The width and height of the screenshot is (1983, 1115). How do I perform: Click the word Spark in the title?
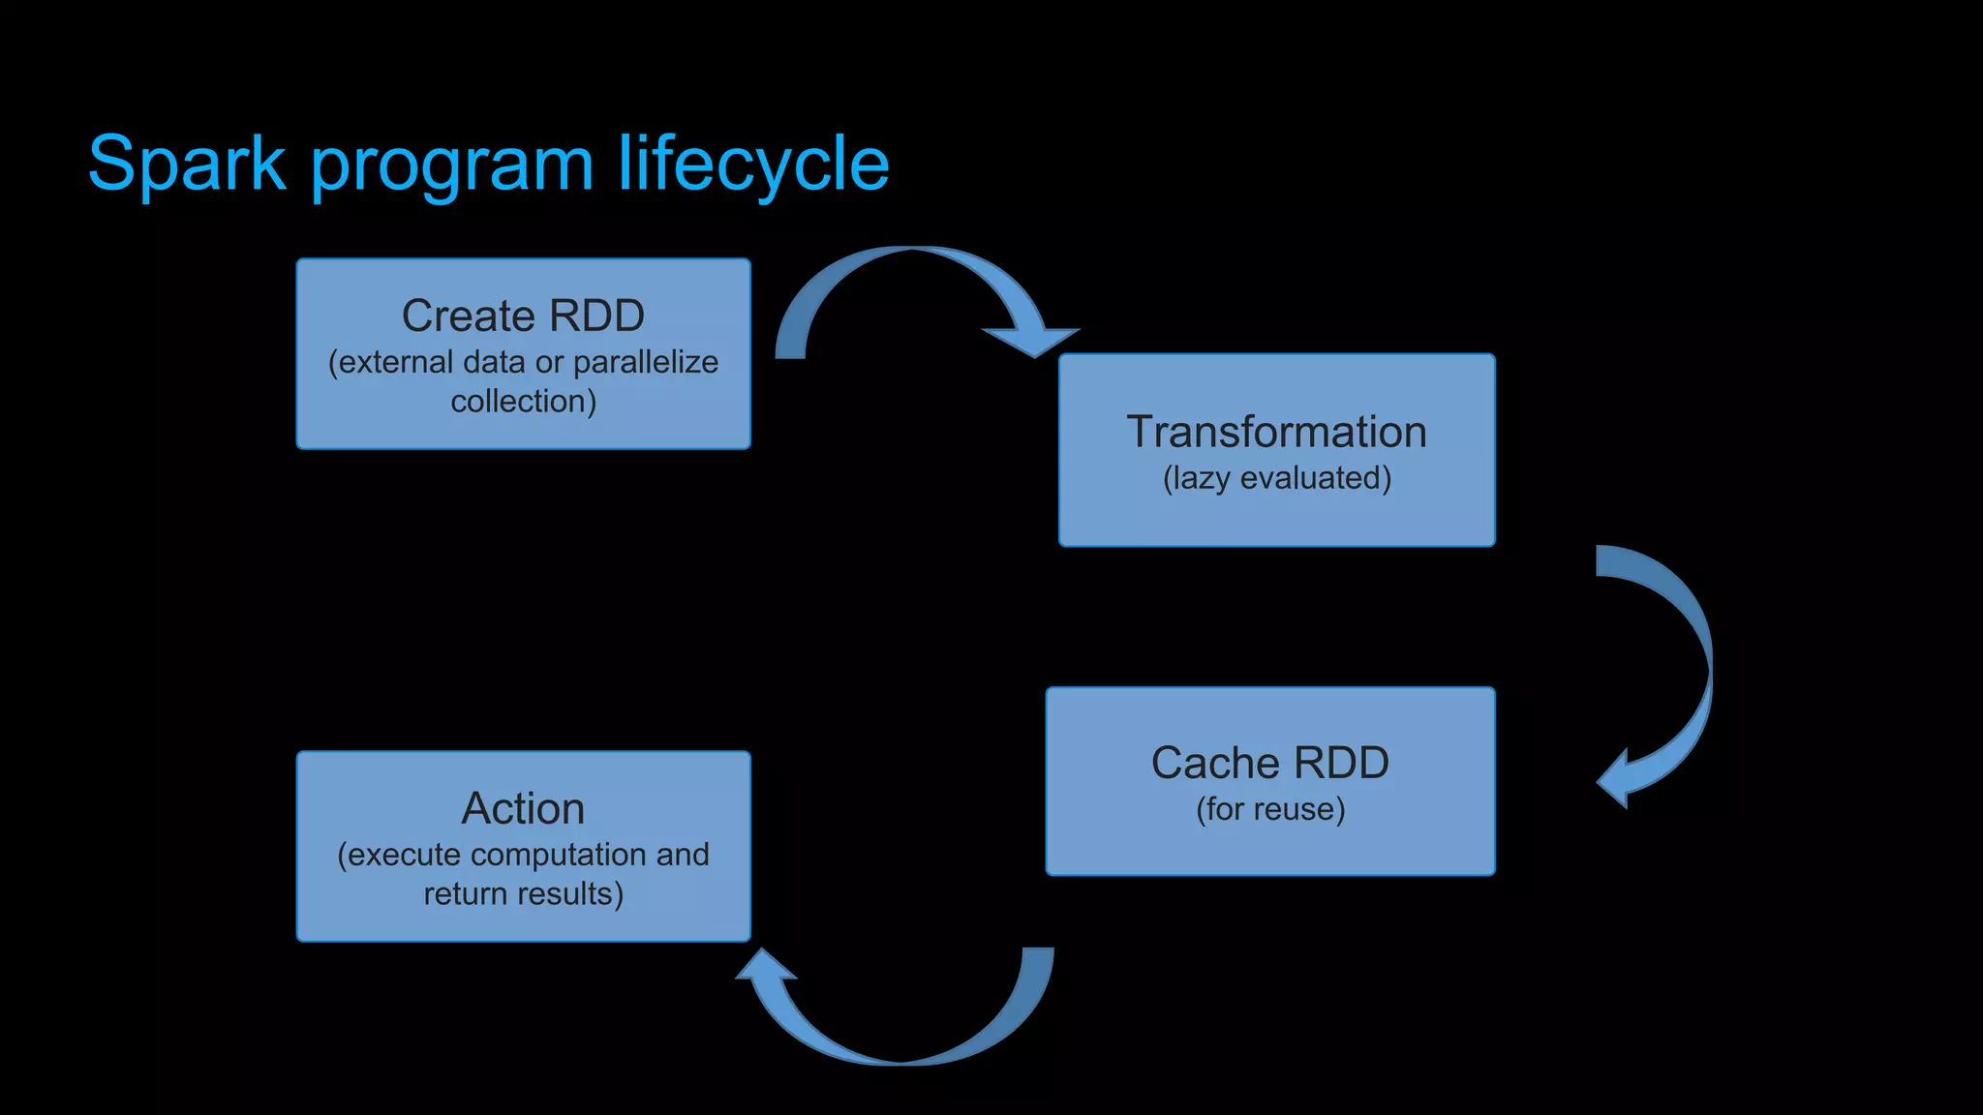click(187, 165)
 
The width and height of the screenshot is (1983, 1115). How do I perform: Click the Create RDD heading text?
click(523, 316)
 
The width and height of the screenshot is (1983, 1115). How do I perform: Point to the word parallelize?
click(646, 362)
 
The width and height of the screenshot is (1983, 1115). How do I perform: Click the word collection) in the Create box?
click(523, 401)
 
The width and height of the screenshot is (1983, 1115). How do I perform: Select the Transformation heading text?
click(1276, 432)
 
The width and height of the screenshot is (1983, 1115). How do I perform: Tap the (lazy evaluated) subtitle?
click(1276, 478)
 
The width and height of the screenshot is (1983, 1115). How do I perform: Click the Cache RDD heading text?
click(1269, 763)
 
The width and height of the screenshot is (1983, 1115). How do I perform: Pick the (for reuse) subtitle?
click(1269, 809)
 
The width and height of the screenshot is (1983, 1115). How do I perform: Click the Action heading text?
click(523, 808)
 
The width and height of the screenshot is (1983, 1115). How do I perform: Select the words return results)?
click(523, 893)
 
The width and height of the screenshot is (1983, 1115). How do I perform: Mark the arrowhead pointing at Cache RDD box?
click(1619, 778)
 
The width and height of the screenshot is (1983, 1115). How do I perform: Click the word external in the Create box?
click(396, 362)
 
